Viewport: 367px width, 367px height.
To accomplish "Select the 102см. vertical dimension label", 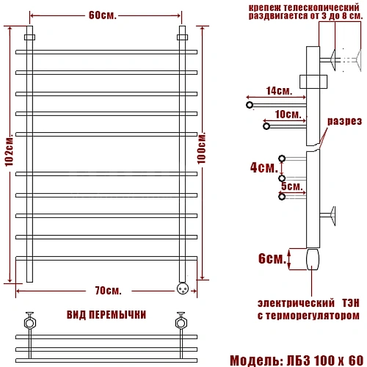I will (8, 161).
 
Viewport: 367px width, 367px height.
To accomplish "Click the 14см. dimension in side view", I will (276, 91).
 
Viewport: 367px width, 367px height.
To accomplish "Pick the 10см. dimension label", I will (287, 115).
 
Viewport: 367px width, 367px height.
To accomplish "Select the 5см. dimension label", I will (291, 186).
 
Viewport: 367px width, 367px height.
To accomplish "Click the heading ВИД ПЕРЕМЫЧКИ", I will (106, 314).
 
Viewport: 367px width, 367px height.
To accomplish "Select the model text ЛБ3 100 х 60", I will (323, 359).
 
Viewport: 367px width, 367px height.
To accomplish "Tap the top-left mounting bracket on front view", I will (30, 37).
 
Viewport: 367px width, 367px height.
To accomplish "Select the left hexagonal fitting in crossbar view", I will (30, 321).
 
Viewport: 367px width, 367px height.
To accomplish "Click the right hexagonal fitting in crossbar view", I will (180, 321).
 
